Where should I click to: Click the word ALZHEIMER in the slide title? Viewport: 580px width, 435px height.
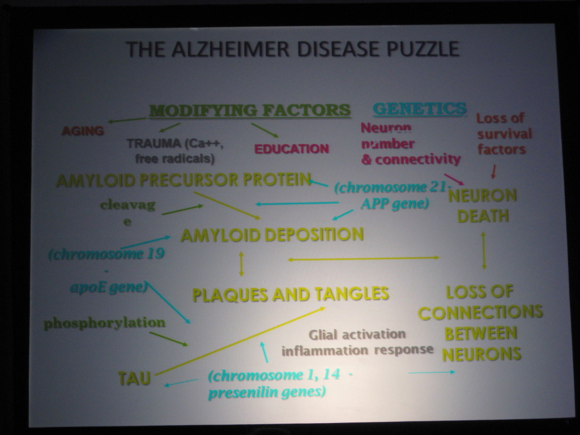230,49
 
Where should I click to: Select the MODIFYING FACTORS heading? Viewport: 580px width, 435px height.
250,110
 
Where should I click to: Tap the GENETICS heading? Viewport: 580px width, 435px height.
420,109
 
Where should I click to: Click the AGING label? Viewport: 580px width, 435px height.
83,131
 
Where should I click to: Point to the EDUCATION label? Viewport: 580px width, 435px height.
292,149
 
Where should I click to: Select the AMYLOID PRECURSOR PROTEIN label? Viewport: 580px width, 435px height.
184,180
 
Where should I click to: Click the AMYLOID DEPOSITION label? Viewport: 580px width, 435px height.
272,235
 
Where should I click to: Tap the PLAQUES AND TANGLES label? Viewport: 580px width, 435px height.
291,295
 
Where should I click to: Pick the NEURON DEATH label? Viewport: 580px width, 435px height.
483,206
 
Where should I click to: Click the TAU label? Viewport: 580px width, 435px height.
134,378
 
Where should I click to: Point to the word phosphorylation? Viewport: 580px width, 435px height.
105,323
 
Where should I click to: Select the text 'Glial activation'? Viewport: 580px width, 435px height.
357,334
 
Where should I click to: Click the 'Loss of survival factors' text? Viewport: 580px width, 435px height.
504,134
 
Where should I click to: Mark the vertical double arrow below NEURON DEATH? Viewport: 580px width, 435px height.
484,250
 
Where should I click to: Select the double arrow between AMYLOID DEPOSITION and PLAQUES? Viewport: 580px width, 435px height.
241,264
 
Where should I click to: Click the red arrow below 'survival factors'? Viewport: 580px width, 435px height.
493,172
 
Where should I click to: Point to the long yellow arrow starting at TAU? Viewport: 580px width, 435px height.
240,341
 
